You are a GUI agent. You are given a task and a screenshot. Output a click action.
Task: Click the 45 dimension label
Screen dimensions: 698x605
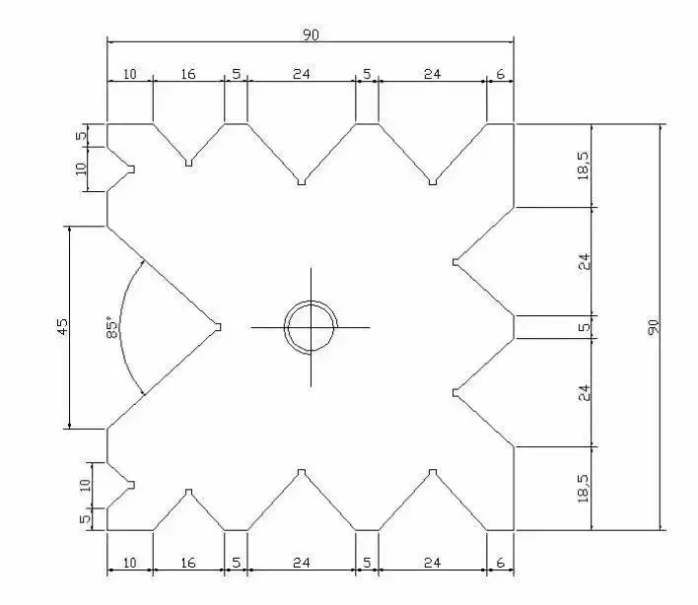(x=63, y=326)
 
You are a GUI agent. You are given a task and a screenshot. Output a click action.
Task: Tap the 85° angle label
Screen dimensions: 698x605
(x=112, y=327)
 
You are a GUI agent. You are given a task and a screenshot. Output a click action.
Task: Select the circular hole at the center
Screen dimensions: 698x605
(x=311, y=327)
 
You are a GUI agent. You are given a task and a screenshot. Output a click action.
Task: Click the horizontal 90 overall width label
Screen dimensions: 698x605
(x=311, y=34)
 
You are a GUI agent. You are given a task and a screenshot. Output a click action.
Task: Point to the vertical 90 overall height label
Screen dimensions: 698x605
(x=653, y=327)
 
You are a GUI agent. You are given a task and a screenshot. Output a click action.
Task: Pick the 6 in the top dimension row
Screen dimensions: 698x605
(x=501, y=74)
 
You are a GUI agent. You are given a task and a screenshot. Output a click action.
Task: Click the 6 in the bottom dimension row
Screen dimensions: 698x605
(x=501, y=563)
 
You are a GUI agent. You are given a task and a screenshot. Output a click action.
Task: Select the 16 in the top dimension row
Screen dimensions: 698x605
(x=188, y=74)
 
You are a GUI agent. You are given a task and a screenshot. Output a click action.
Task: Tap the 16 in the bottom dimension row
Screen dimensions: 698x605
(x=188, y=563)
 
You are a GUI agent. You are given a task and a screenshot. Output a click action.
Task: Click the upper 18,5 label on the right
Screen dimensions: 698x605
(x=584, y=166)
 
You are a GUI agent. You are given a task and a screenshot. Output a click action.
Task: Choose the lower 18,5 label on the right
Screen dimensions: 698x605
(x=584, y=489)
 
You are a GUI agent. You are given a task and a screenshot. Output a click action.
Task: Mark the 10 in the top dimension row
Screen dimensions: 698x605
(x=129, y=74)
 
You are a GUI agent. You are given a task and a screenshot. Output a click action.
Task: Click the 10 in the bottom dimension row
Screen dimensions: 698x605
(x=129, y=563)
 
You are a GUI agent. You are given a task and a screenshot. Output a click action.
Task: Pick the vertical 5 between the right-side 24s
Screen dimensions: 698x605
(x=584, y=327)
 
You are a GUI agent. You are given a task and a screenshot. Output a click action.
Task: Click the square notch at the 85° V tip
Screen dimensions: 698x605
(x=218, y=327)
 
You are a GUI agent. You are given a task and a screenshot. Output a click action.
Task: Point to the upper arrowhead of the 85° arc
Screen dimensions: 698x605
(x=142, y=262)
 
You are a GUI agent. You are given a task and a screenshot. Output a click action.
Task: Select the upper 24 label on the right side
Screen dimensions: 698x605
(x=584, y=261)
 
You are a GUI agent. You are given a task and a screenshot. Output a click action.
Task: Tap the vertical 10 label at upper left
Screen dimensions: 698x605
(x=81, y=169)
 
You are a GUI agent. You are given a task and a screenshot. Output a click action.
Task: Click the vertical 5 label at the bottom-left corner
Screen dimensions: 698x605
(x=85, y=518)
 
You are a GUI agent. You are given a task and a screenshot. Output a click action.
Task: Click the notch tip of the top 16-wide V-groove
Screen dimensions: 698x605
(x=188, y=163)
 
